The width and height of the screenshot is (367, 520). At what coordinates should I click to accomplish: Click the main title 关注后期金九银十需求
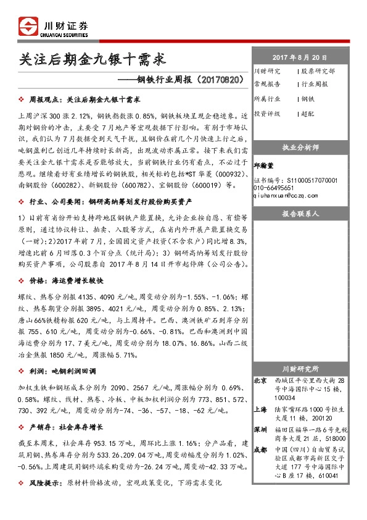tap(93, 59)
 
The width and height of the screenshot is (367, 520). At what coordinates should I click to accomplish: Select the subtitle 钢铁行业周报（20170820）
tap(186, 80)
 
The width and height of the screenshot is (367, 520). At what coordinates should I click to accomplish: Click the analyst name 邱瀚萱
tap(266, 165)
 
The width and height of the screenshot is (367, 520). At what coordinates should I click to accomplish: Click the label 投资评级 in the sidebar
tap(267, 114)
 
